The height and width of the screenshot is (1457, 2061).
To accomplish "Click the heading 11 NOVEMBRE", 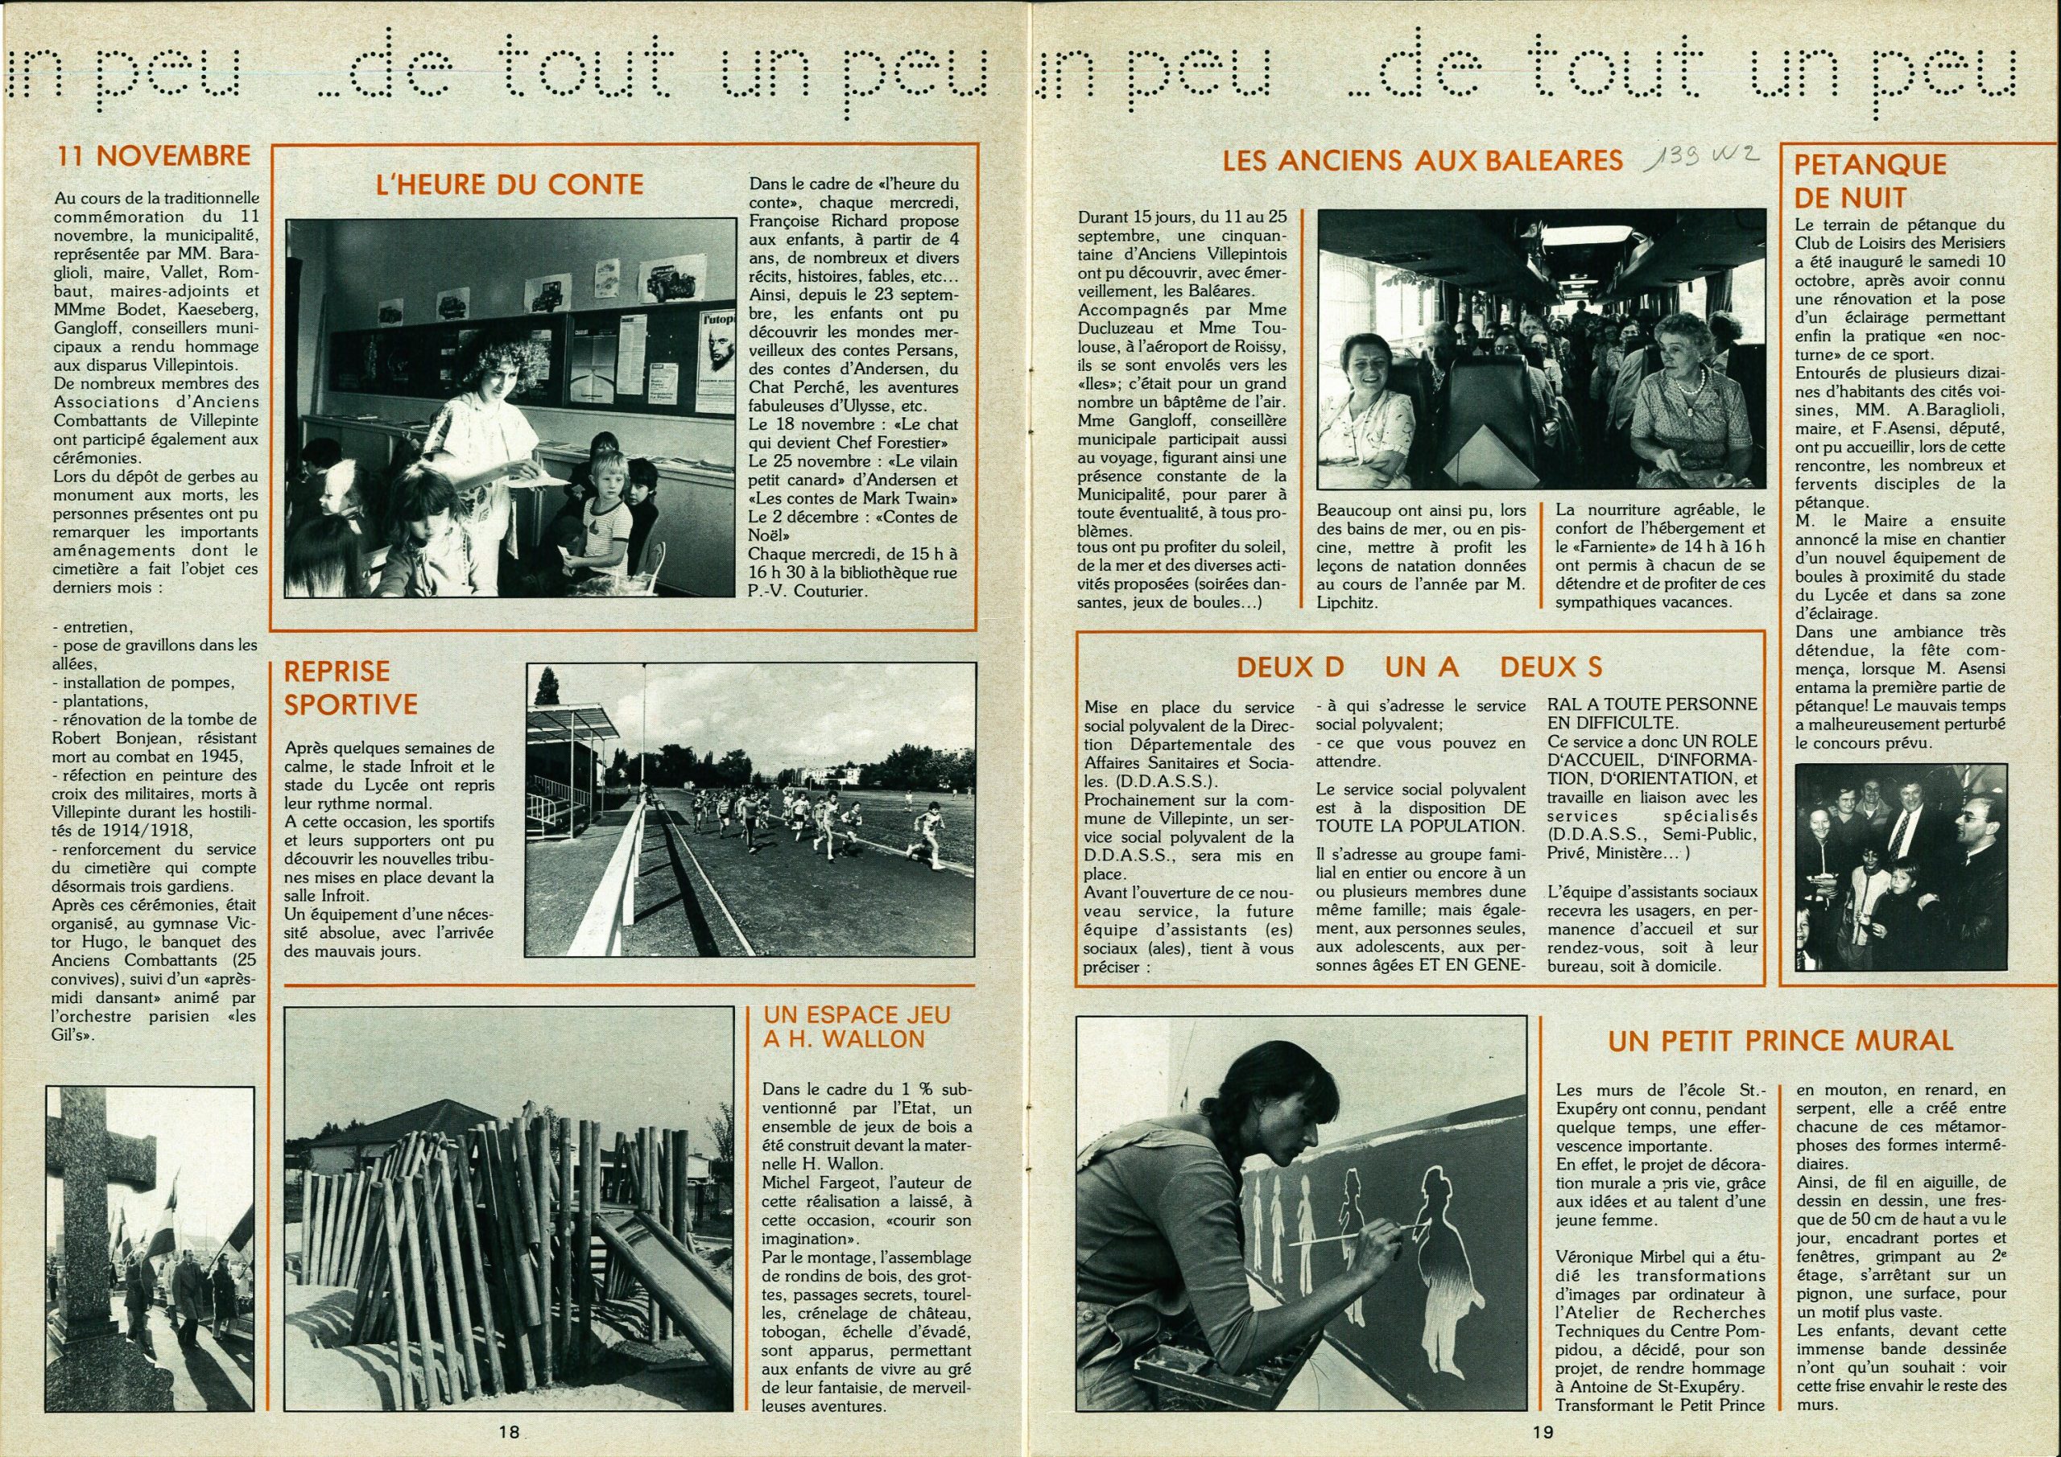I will tap(154, 156).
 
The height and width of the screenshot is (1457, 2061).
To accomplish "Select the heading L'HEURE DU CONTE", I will tap(509, 185).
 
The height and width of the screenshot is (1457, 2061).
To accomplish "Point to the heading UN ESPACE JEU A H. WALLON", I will tap(856, 1027).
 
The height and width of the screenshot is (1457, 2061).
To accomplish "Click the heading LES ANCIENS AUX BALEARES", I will tap(1422, 161).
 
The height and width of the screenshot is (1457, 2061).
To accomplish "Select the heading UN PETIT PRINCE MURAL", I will tap(1780, 1042).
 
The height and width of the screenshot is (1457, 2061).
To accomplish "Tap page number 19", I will tap(1543, 1433).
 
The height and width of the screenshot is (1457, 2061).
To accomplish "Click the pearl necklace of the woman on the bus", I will tap(1687, 384).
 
